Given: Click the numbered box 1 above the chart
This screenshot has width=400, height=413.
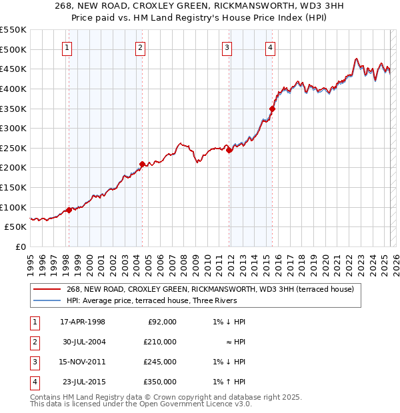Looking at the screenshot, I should pos(68,47).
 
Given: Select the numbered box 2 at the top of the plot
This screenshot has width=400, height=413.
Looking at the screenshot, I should pos(141,47).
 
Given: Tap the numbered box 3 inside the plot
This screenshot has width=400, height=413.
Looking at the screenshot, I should pos(227,47).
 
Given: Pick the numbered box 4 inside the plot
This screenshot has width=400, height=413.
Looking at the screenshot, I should pos(270,47).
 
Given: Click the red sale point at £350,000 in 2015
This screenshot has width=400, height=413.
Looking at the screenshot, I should pos(272,109).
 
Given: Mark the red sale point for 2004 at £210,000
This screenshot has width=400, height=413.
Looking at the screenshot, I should pos(142,164).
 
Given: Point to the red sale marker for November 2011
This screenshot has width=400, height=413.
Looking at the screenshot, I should pos(229,151).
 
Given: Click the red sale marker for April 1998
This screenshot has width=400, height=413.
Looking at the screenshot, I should pos(69,210).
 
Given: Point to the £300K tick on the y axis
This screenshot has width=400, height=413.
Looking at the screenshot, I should pos(13,128).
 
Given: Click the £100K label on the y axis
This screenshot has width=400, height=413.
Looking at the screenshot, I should pos(13,207).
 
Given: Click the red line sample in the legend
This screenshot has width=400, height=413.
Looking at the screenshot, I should pos(47,289).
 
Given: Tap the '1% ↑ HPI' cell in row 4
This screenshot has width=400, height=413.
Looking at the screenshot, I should pos(231,382).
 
